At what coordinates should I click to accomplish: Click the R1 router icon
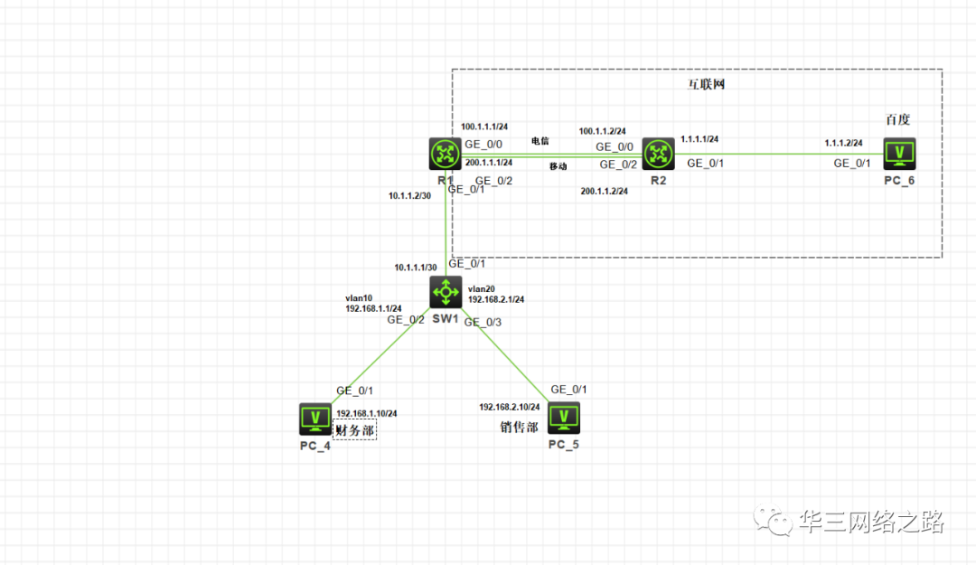tap(445, 154)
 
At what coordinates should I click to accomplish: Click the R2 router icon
tap(659, 154)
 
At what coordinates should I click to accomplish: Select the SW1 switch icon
tap(446, 293)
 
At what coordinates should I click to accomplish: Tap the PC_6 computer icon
tap(899, 154)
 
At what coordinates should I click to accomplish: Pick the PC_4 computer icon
tap(315, 418)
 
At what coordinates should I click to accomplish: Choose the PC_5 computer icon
tap(564, 418)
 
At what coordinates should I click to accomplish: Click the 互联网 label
tap(701, 86)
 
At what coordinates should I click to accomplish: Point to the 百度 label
tap(897, 119)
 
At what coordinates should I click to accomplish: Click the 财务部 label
tap(355, 430)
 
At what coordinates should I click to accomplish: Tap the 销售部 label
tap(520, 427)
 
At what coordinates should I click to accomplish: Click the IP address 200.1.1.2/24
tap(604, 192)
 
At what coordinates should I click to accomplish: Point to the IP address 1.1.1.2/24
tap(843, 143)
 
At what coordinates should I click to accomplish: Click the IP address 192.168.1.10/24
tap(366, 413)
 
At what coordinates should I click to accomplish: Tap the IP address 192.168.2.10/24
tap(510, 407)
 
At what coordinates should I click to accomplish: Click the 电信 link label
tap(540, 141)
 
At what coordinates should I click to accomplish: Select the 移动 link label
tap(558, 166)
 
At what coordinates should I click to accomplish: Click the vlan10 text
tap(359, 297)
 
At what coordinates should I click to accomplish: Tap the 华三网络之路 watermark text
tap(871, 522)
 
